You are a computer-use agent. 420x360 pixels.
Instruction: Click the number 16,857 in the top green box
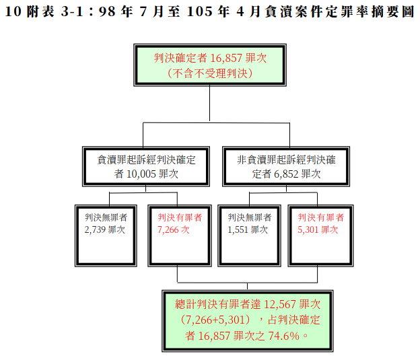pos(226,58)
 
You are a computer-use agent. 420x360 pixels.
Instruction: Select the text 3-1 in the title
pos(72,12)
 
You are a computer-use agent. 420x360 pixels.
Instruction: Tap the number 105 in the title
pos(199,12)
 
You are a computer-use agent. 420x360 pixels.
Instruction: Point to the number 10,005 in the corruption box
pos(141,174)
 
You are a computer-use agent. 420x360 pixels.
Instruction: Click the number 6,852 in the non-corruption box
pos(286,174)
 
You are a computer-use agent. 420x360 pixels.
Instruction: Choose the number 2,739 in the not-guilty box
pos(94,230)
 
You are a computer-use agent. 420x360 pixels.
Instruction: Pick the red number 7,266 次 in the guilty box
pos(173,230)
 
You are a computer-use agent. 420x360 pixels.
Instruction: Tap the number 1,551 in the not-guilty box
pos(238,230)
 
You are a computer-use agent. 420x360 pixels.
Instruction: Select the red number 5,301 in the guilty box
pos(308,230)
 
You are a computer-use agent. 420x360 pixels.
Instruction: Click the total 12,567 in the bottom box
pos(280,305)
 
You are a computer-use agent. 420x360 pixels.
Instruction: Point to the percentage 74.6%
pos(283,336)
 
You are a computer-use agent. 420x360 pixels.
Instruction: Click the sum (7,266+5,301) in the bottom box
pos(215,320)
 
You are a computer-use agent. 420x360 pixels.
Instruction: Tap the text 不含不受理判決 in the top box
pos(210,73)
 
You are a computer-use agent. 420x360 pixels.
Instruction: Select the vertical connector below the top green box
pos(209,104)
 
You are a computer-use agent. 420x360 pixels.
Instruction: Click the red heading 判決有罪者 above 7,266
pos(180,217)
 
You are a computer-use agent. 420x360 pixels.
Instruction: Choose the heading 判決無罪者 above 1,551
pos(250,217)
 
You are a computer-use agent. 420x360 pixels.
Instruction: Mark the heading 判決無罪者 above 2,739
pos(106,217)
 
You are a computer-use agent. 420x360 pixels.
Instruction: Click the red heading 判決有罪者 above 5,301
pos(320,217)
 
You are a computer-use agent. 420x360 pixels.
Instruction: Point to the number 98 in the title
pos(107,12)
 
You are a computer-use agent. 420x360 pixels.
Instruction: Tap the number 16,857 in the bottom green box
pos(214,336)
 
